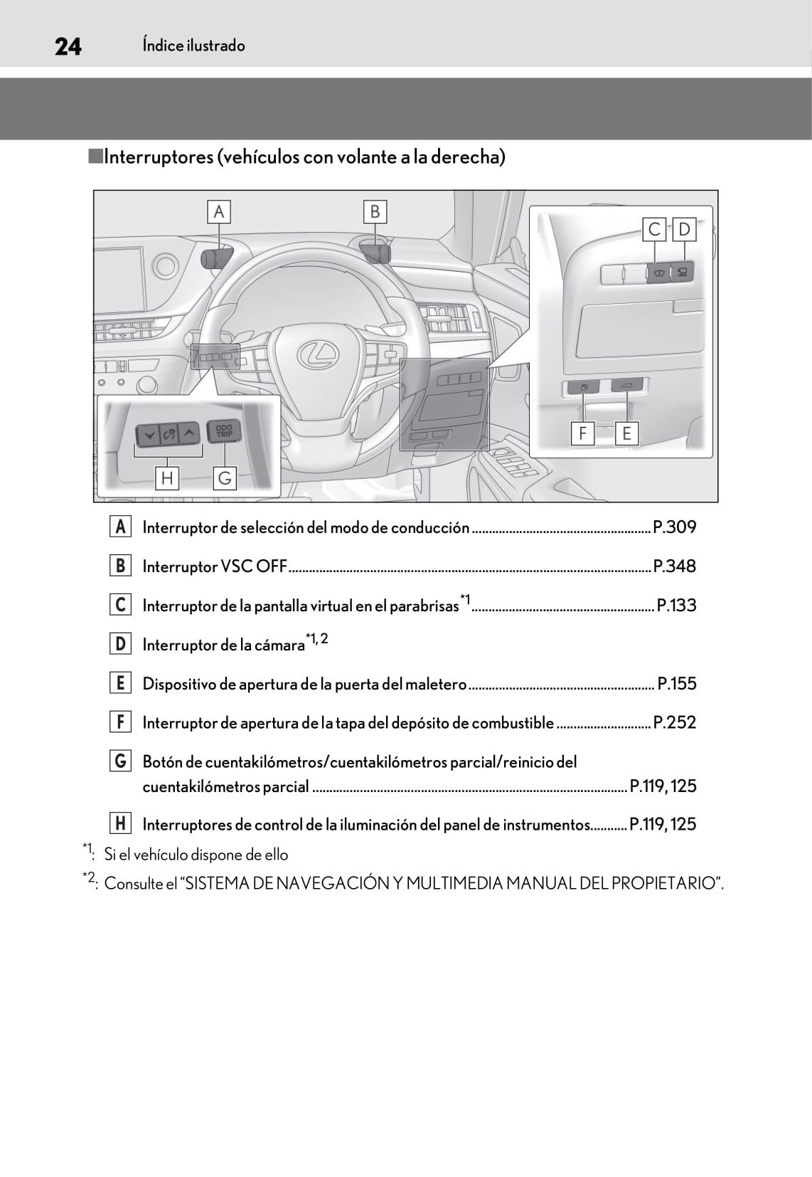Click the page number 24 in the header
pyautogui.click(x=68, y=46)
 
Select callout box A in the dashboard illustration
pyautogui.click(x=219, y=212)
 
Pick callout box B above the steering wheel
pyautogui.click(x=375, y=212)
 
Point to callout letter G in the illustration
pyautogui.click(x=225, y=477)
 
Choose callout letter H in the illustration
pyautogui.click(x=167, y=477)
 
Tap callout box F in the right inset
pyautogui.click(x=582, y=433)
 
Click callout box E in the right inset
pyautogui.click(x=626, y=433)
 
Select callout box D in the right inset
pyautogui.click(x=684, y=229)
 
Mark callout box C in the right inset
pyautogui.click(x=654, y=229)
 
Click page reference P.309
pyautogui.click(x=674, y=527)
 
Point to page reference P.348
pyautogui.click(x=674, y=566)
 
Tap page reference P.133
pyautogui.click(x=676, y=606)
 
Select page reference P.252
pyautogui.click(x=674, y=722)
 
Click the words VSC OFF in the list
pyautogui.click(x=254, y=566)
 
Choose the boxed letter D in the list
pyautogui.click(x=120, y=644)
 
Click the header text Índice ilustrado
pyautogui.click(x=193, y=46)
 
